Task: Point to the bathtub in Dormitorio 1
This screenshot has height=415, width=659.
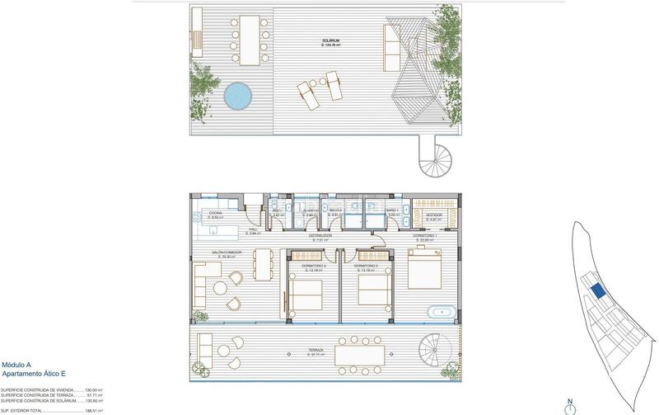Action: [x=437, y=313]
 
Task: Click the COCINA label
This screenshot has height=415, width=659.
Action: [x=216, y=212]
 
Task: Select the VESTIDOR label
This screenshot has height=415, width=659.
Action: [x=433, y=213]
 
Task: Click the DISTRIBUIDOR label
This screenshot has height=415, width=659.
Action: [x=320, y=236]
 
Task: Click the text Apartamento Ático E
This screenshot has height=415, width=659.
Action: [x=32, y=373]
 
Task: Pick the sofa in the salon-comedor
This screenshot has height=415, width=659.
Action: [x=200, y=285]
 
